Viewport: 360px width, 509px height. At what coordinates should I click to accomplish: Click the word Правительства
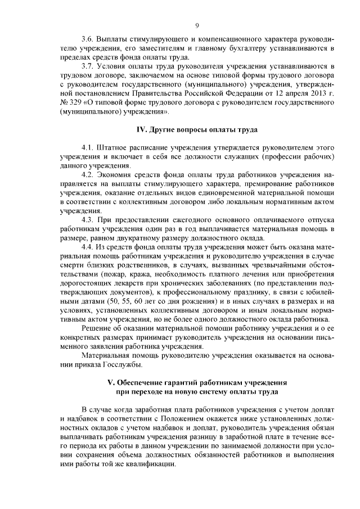tap(187, 93)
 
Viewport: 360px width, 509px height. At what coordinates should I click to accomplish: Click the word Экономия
tap(116, 174)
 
